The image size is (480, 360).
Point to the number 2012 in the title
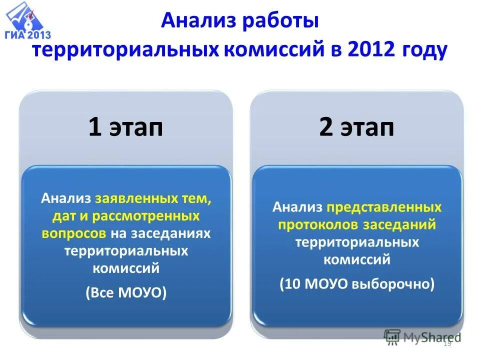tap(371, 50)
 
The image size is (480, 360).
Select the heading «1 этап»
tap(125, 127)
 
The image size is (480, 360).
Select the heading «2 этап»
tap(356, 127)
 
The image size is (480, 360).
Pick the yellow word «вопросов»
tap(74, 233)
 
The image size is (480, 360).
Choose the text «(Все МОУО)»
tap(125, 292)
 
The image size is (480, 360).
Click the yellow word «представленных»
tap(384, 207)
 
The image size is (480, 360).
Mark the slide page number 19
tap(447, 343)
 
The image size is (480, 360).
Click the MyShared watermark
tap(422, 336)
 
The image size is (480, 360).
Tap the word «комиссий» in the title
tap(285, 50)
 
